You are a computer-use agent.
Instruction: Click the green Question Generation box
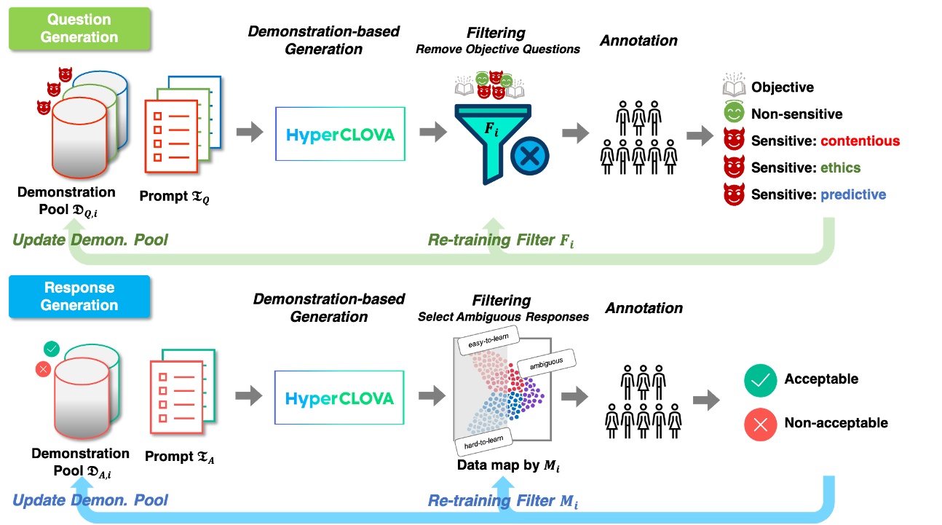coord(79,28)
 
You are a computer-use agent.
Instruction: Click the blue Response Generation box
coord(79,296)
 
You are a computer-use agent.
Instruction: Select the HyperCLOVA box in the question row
coord(340,134)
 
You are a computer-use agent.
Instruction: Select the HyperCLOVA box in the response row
coord(339,398)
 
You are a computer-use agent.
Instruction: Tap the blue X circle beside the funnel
coord(529,156)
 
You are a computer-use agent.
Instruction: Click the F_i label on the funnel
coord(491,129)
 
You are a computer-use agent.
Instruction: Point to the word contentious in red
coord(860,141)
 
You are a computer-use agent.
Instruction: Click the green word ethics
coord(840,167)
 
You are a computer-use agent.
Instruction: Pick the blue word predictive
coord(853,194)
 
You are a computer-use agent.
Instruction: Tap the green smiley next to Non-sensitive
coord(734,112)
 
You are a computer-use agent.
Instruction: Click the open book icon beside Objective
coord(734,84)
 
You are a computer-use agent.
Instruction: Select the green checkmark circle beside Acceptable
coord(760,380)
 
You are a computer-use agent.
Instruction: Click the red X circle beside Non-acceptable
coord(760,425)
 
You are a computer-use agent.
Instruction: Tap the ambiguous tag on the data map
coord(546,363)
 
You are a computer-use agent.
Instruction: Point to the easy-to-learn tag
coord(488,340)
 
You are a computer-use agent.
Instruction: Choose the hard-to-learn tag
coord(483,442)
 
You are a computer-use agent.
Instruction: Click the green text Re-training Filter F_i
coord(501,240)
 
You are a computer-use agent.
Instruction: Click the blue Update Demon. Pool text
coord(90,500)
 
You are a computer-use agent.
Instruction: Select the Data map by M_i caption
coord(508,465)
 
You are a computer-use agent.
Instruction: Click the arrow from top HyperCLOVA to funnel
coord(433,132)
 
